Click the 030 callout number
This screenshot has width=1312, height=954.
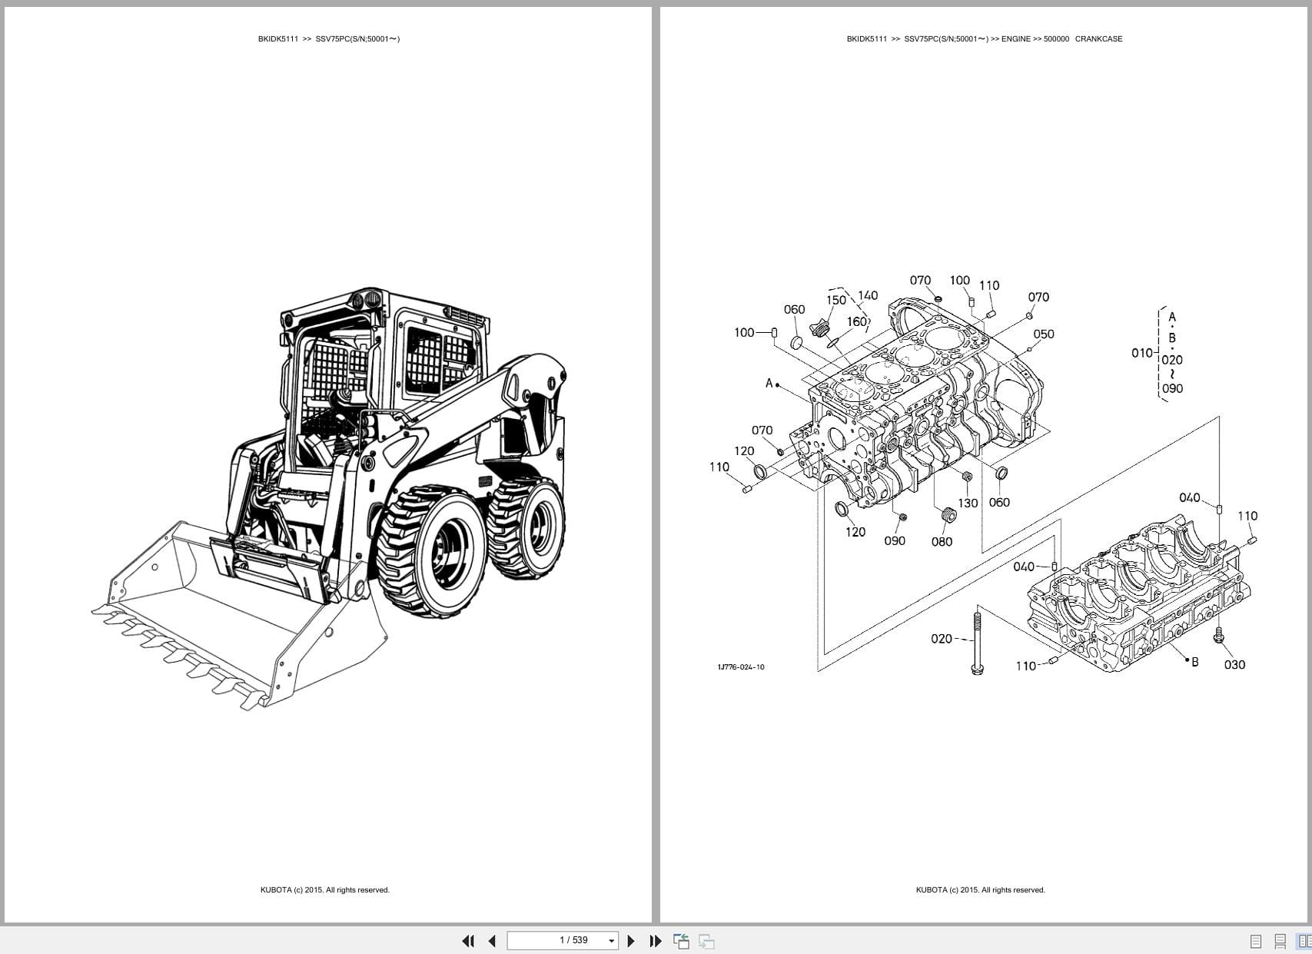pyautogui.click(x=1234, y=664)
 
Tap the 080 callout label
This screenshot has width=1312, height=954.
pyautogui.click(x=942, y=541)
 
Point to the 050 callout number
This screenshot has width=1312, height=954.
pyautogui.click(x=1043, y=334)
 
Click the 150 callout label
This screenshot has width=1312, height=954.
pyautogui.click(x=836, y=300)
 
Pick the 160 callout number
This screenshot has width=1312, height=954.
pyautogui.click(x=857, y=321)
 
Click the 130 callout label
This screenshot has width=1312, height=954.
pyautogui.click(x=968, y=503)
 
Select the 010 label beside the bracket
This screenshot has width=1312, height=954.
pyautogui.click(x=1141, y=353)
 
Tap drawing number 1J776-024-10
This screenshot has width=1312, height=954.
pyautogui.click(x=740, y=666)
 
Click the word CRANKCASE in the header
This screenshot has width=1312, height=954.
pyautogui.click(x=1098, y=38)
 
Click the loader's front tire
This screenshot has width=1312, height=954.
pyautogui.click(x=430, y=550)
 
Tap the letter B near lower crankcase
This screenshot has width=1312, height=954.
pyautogui.click(x=1194, y=661)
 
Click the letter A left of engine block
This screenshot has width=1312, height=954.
pyautogui.click(x=769, y=383)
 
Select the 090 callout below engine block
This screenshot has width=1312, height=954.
pyautogui.click(x=895, y=540)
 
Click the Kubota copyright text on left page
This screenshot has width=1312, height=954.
pyautogui.click(x=324, y=889)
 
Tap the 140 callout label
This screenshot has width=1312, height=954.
pyautogui.click(x=868, y=295)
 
